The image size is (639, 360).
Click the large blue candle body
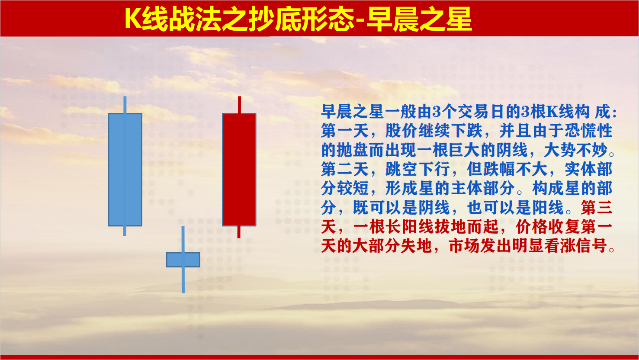pos(125,170)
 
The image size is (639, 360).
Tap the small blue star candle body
pos(183,260)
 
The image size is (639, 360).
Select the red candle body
pos(239,170)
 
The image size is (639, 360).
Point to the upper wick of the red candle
pos(239,105)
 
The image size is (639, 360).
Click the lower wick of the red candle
pos(239,232)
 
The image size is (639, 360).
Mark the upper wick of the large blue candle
pos(125,105)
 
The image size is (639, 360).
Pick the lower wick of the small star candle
pos(183,280)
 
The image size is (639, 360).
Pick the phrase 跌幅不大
pos(515,169)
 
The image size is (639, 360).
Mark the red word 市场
pos(465,246)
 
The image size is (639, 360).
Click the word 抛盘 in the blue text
pos(353,150)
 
